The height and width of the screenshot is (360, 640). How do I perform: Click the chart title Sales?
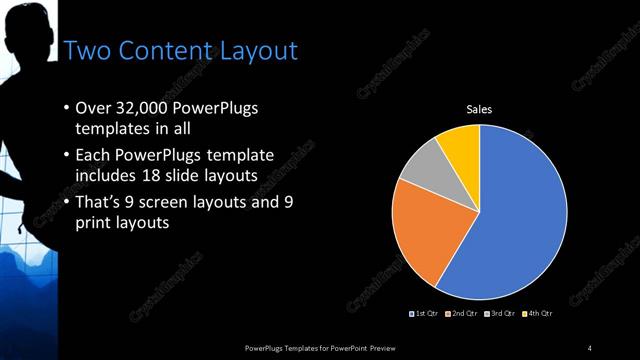pyautogui.click(x=480, y=109)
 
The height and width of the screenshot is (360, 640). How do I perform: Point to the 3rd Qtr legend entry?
pyautogui.click(x=499, y=315)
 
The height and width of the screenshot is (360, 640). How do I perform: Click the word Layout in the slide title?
pyautogui.click(x=253, y=51)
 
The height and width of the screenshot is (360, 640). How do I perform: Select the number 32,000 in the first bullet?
pyautogui.click(x=144, y=110)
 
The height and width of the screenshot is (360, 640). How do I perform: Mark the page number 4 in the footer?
pyautogui.click(x=590, y=348)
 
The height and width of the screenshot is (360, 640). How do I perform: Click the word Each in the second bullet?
pyautogui.click(x=95, y=157)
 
